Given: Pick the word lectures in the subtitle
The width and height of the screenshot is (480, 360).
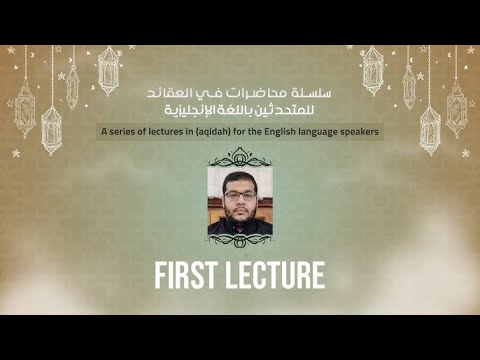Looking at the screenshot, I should (169, 132).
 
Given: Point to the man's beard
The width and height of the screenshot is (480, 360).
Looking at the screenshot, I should (240, 213).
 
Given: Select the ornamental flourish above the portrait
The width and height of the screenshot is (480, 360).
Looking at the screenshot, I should (240, 156).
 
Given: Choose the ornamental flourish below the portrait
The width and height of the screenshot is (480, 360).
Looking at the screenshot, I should (240, 243).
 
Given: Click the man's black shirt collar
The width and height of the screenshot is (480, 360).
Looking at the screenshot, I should (240, 228).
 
